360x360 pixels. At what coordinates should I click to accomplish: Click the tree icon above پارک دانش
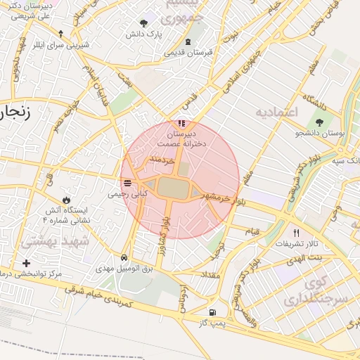[145, 23]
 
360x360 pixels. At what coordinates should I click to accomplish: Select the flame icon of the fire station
[67, 200]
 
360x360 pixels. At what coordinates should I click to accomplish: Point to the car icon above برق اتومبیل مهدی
[124, 257]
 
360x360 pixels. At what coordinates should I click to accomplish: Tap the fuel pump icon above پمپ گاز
[212, 312]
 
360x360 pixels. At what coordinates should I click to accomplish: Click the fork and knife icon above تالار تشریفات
[296, 233]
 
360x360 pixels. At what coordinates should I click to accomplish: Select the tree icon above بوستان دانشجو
[320, 122]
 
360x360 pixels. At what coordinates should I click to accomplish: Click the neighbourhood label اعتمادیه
[277, 112]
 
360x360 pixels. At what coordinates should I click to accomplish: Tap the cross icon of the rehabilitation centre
[27, 262]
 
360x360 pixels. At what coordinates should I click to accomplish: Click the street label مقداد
[211, 275]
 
